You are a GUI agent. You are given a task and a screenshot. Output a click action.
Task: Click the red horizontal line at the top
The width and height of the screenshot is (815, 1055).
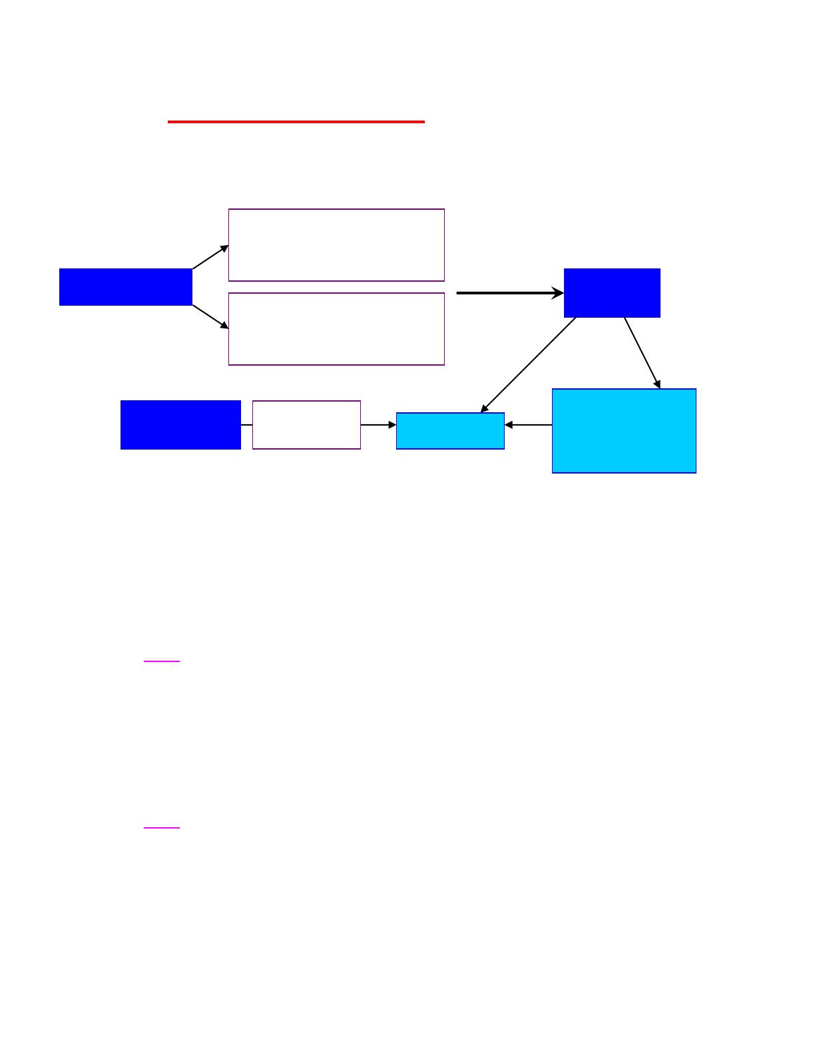point(296,122)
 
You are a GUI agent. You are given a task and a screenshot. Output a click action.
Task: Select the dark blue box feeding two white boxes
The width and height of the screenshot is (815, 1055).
point(126,287)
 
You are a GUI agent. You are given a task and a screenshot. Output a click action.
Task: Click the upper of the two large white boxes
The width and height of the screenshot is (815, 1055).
point(336,245)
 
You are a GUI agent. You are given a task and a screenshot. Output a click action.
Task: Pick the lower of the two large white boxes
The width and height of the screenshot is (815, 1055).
point(336,329)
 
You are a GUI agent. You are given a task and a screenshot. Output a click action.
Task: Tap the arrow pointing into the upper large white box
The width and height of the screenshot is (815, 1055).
point(210,257)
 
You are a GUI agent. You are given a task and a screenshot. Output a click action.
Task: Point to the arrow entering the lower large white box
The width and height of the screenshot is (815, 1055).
point(210,317)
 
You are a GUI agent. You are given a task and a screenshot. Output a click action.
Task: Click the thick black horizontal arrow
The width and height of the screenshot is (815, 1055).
point(506,293)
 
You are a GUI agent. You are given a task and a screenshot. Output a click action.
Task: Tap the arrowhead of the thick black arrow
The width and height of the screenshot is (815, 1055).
point(558,293)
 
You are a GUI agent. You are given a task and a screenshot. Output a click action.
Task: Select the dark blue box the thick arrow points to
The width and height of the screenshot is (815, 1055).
point(612,293)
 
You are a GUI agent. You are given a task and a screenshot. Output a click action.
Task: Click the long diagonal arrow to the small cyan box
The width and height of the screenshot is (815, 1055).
point(528,365)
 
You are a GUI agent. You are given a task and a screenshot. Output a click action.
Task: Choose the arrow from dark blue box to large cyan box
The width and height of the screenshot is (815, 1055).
point(643,353)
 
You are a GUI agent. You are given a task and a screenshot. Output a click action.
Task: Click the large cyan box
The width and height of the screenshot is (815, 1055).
point(624,431)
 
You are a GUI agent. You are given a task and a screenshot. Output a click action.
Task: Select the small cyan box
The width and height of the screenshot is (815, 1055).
point(450,431)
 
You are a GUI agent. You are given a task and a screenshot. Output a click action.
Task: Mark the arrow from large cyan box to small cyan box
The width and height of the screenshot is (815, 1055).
point(528,425)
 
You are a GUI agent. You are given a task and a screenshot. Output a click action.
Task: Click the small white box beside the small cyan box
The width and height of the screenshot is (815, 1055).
point(306,425)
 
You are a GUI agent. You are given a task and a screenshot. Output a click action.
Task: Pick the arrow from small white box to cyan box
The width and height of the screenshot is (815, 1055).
point(378,425)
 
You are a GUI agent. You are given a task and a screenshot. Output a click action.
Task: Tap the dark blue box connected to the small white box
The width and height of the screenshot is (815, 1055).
point(180,425)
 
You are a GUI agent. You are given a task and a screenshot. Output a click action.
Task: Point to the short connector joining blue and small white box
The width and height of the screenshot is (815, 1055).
point(246,425)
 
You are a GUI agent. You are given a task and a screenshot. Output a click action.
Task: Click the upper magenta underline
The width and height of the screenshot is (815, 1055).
point(162,661)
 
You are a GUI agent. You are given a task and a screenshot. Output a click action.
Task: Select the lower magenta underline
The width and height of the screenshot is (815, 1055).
point(162,828)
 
